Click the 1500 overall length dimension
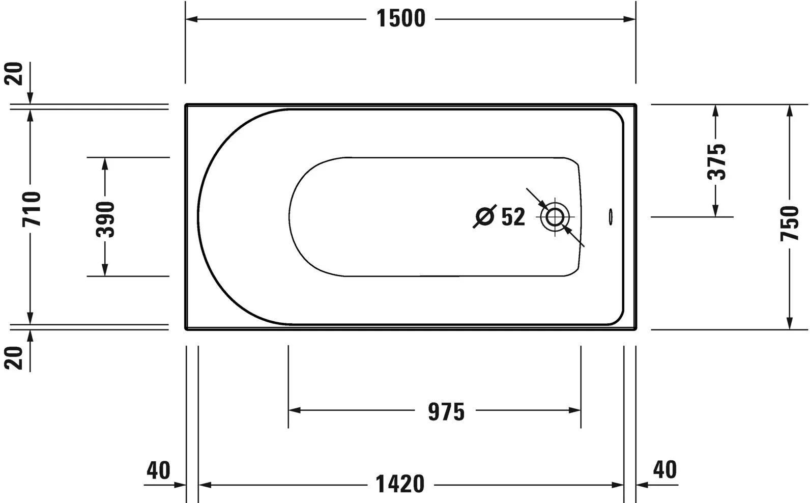pos(401,18)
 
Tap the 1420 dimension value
pos(400,484)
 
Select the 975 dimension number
pos(446,412)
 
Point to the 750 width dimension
pos(789,223)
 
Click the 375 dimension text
pos(716,162)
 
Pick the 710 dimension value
pos(32,209)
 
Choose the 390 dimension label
pos(105,219)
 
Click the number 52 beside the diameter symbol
pos(513,217)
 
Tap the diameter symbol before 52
pos(484,216)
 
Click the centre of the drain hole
pos(555,217)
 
